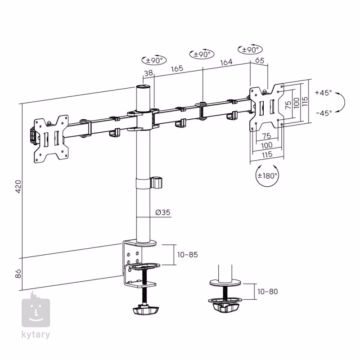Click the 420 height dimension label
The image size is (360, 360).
18,186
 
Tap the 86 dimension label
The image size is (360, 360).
18,274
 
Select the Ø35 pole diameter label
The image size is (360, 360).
163,212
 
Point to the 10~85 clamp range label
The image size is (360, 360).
187,255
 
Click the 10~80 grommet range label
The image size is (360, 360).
267,292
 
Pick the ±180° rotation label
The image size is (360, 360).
267,176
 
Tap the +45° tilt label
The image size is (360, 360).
323,93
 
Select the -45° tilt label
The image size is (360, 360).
324,113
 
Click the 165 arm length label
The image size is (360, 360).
177,68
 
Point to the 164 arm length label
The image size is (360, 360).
226,62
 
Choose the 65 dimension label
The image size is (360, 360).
260,60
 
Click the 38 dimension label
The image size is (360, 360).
148,73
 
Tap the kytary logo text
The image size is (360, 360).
36,334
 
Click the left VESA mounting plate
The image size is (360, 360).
51,139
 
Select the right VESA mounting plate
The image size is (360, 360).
267,108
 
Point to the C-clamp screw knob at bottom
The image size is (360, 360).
145,310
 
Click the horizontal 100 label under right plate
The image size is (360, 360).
267,145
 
